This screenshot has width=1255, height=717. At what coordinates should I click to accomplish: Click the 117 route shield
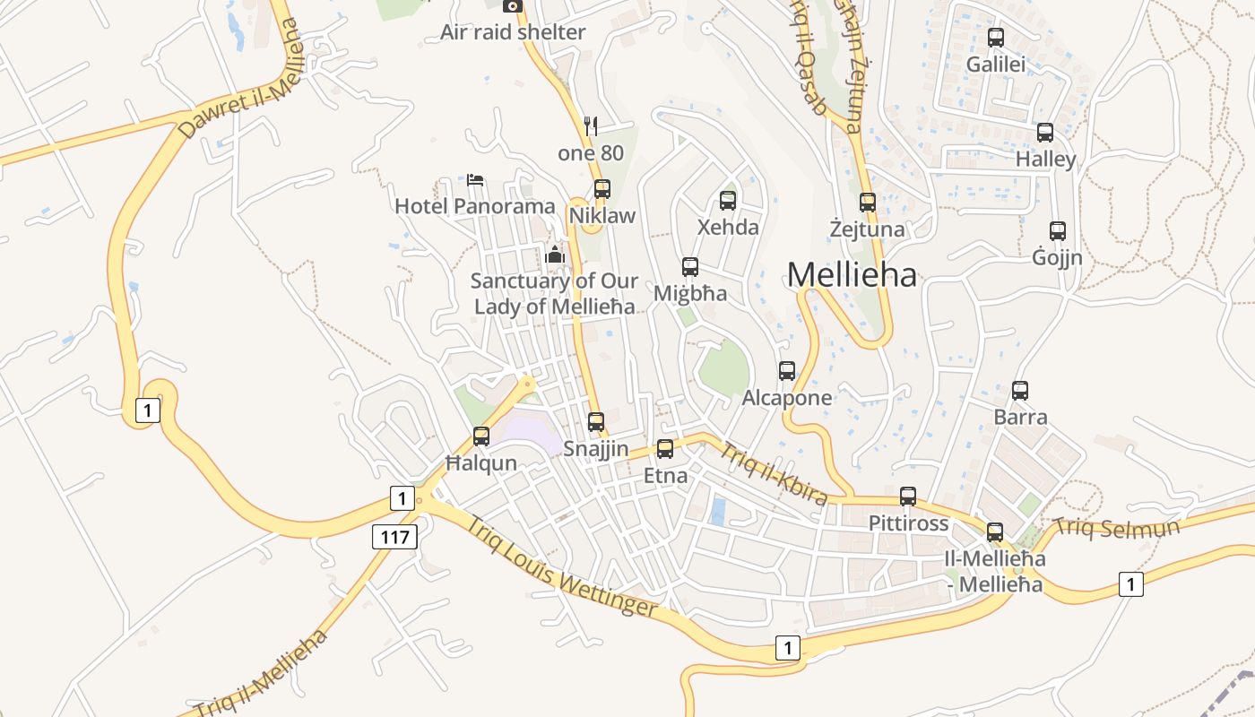point(394,537)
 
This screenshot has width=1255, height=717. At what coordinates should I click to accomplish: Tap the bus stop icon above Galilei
point(995,38)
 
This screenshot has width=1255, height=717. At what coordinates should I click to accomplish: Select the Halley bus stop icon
point(1045,133)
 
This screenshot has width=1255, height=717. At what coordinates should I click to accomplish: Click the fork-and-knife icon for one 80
point(590,125)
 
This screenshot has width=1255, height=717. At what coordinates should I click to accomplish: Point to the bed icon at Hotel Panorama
point(475,180)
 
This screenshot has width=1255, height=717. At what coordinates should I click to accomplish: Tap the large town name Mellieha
point(852,275)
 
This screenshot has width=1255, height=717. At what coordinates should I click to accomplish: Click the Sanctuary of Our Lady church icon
point(555,255)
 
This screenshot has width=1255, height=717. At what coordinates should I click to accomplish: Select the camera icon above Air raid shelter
point(513,6)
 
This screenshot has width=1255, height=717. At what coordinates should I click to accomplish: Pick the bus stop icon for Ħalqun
point(481,436)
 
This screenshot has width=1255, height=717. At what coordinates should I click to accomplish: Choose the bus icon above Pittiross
point(908,497)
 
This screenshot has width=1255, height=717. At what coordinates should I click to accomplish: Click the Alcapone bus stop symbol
point(787,370)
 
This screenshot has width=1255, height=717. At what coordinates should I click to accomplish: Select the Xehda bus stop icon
point(728,200)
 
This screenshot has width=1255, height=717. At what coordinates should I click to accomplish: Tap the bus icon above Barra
point(1020,391)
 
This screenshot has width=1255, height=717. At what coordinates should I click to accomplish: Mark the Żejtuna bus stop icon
point(867,203)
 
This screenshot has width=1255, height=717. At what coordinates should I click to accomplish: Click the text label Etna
point(666,476)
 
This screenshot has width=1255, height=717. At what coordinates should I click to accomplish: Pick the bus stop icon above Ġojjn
point(1058,231)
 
